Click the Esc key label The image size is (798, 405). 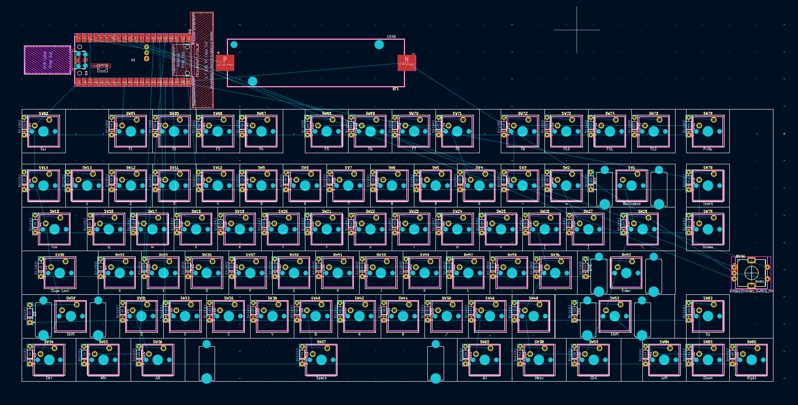pyautogui.click(x=43, y=149)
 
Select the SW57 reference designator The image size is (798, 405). pyautogui.click(x=321, y=342)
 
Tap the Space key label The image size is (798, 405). pyautogui.click(x=321, y=378)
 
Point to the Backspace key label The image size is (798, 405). pyautogui.click(x=631, y=204)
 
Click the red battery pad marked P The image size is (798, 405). pyautogui.click(x=225, y=62)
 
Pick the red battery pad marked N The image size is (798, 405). pyautogui.click(x=407, y=62)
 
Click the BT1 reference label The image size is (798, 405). pyautogui.click(x=395, y=89)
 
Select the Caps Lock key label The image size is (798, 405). pyautogui.click(x=60, y=290)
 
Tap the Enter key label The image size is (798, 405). pyautogui.click(x=626, y=290)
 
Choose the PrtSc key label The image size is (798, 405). pyautogui.click(x=708, y=149)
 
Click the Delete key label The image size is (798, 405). pyautogui.click(x=708, y=247)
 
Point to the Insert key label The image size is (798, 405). pyautogui.click(x=708, y=204)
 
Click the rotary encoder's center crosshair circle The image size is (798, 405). pyautogui.click(x=751, y=273)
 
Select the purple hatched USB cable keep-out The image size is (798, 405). pyautogui.click(x=39, y=60)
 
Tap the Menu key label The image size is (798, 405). pyautogui.click(x=539, y=378)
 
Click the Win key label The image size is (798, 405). pyautogui.click(x=103, y=378)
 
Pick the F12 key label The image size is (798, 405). pyautogui.click(x=653, y=149)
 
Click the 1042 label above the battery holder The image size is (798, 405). pyautogui.click(x=391, y=37)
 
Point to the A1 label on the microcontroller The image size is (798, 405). pyautogui.click(x=133, y=60)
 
